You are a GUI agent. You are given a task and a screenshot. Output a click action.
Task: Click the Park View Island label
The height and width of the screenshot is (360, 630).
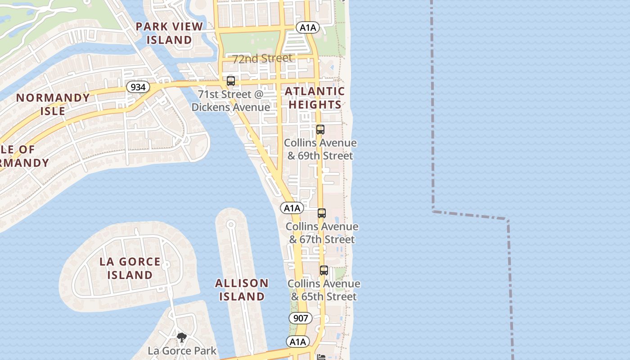(169, 33)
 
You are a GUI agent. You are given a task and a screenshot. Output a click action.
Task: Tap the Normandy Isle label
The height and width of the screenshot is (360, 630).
(53, 104)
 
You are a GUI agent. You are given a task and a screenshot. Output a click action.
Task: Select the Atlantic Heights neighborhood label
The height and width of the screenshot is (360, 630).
(315, 98)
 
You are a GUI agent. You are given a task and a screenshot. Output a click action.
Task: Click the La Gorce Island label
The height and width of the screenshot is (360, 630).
(130, 268)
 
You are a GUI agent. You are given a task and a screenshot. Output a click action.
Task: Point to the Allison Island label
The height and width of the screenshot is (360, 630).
(242, 289)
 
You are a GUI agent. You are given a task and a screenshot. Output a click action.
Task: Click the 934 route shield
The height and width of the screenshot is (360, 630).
(138, 87)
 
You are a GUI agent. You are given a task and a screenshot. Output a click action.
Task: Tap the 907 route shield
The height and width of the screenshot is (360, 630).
(300, 318)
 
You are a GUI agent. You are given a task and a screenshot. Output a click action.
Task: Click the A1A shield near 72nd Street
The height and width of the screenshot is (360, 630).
(308, 27)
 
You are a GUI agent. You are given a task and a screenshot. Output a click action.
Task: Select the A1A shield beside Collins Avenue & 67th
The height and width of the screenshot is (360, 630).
(292, 208)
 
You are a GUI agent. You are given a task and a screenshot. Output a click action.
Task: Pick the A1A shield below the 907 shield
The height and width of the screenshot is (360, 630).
(297, 342)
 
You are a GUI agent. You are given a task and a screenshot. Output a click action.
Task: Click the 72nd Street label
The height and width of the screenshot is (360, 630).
(262, 58)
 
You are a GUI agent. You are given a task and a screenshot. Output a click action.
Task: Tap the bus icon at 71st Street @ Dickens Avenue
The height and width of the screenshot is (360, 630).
(231, 81)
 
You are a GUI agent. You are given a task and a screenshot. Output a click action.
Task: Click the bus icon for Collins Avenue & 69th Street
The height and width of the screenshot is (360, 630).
(320, 130)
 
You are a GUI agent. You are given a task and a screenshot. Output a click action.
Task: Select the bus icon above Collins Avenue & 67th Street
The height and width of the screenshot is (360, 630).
(321, 213)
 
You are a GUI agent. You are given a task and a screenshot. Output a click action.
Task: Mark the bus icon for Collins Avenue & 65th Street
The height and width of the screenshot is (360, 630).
(324, 270)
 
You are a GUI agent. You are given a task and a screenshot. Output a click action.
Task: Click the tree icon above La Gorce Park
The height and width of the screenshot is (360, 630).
(181, 337)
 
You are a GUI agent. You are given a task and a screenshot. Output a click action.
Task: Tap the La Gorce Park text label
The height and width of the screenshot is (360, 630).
(182, 351)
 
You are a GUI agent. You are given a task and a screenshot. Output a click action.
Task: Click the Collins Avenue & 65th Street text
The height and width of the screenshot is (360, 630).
(324, 290)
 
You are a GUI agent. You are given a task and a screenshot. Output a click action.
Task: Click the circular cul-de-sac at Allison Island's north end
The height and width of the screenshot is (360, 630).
(231, 224)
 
